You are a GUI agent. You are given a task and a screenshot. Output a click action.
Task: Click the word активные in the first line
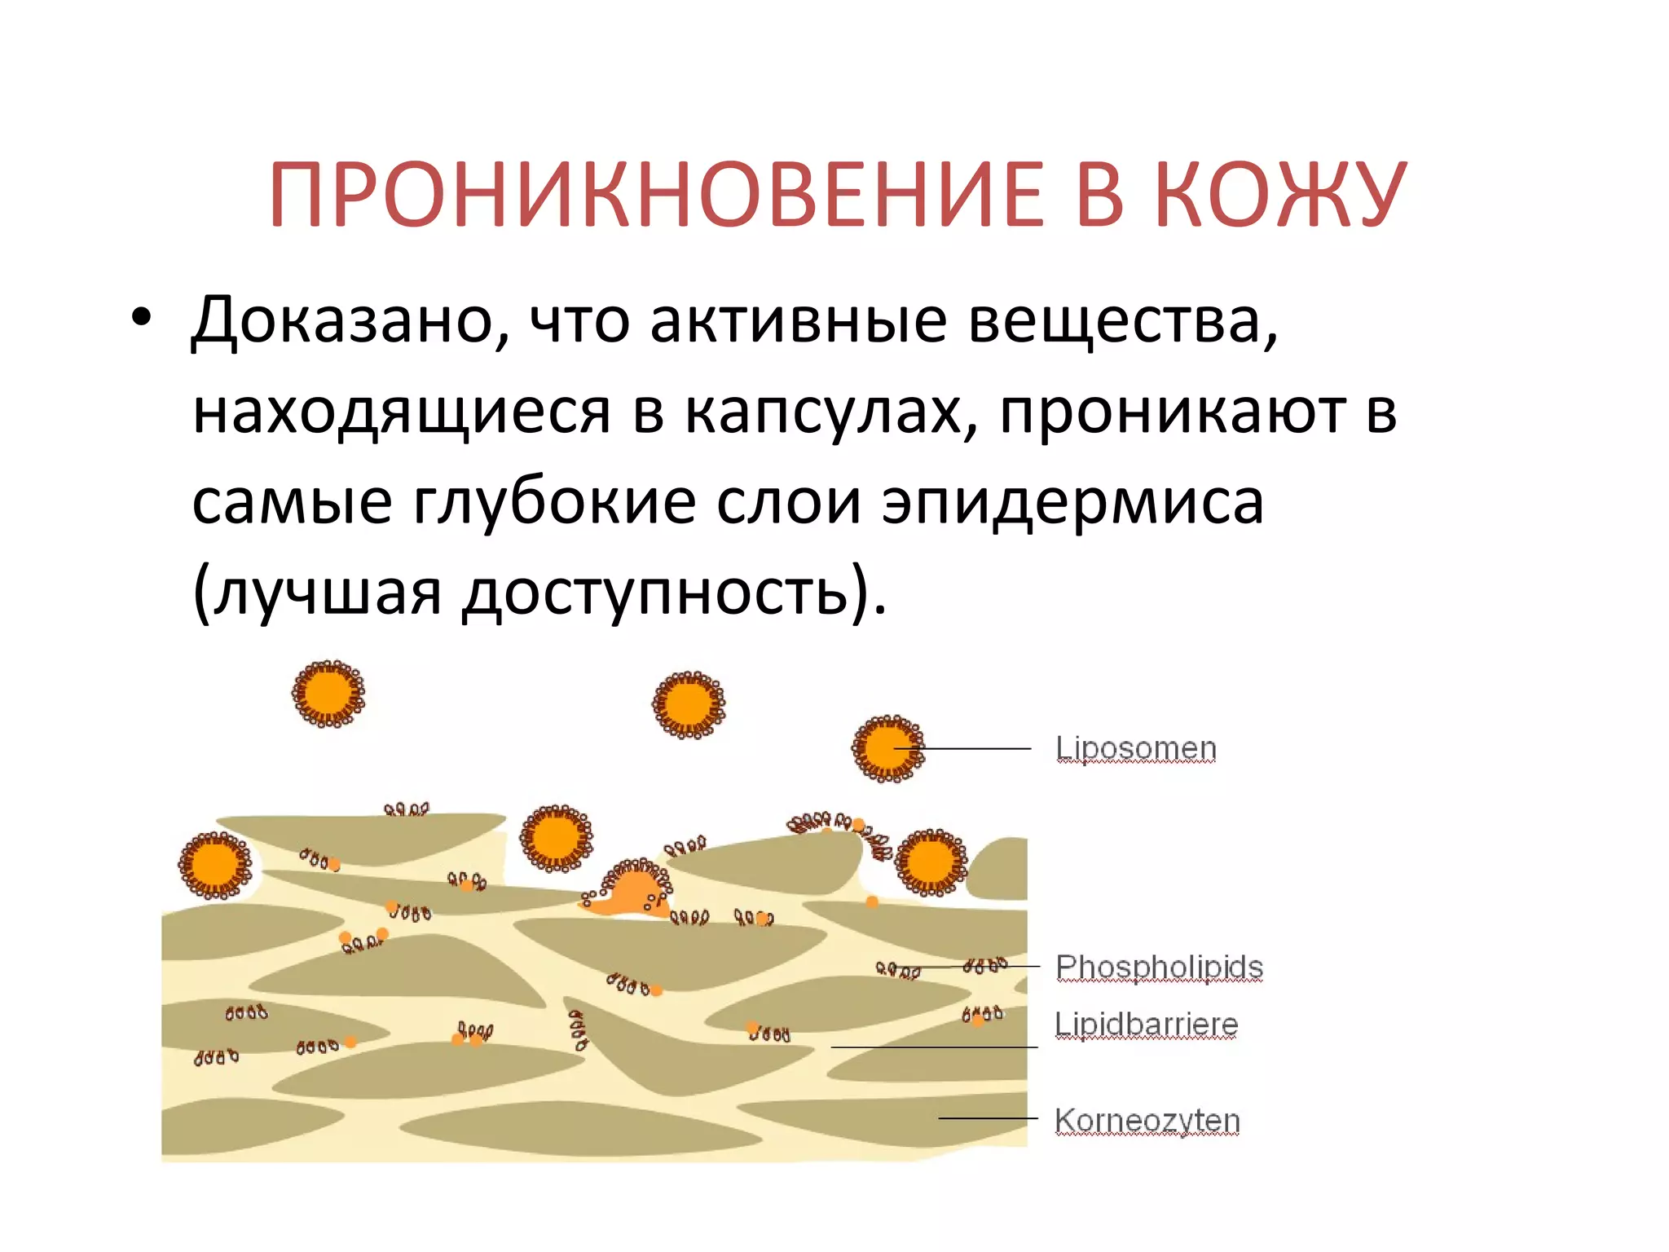pyautogui.click(x=798, y=320)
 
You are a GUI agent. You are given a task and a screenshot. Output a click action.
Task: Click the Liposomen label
pyautogui.click(x=1135, y=747)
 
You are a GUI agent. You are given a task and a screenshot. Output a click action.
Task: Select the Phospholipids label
pyautogui.click(x=1159, y=967)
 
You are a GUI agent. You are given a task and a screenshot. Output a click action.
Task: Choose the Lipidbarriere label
pyautogui.click(x=1146, y=1024)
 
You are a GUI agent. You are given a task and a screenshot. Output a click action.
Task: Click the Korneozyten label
pyautogui.click(x=1147, y=1120)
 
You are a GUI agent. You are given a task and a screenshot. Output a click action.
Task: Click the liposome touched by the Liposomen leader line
pyautogui.click(x=887, y=748)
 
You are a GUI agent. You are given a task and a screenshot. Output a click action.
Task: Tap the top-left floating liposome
pyautogui.click(x=328, y=694)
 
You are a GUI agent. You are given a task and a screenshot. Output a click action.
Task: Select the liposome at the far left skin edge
pyautogui.click(x=215, y=865)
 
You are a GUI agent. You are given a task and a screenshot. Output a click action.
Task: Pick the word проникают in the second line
pyautogui.click(x=1174, y=412)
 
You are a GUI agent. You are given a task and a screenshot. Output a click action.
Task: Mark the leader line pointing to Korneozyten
pyautogui.click(x=987, y=1118)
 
